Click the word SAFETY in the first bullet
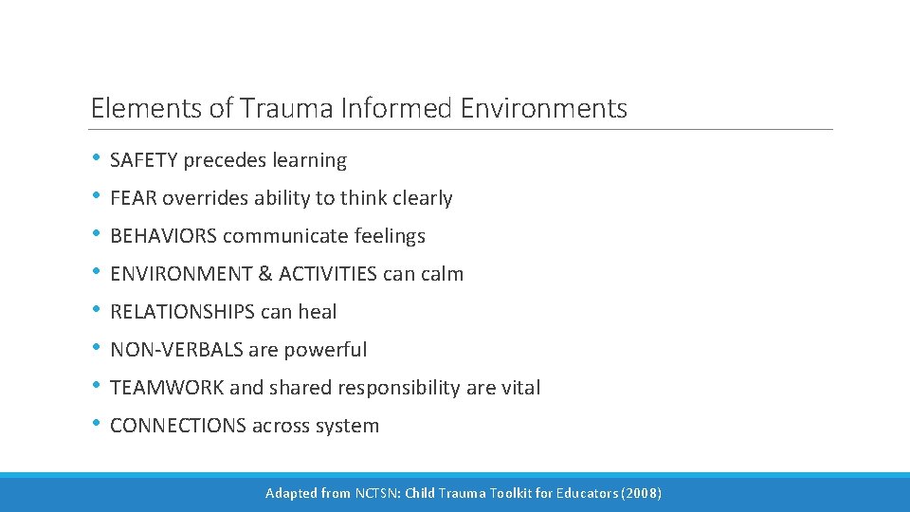[143, 161]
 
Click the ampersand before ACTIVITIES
[264, 275]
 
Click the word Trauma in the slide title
[283, 109]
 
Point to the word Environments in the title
[544, 109]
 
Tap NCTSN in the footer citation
[377, 493]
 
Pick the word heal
[317, 313]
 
